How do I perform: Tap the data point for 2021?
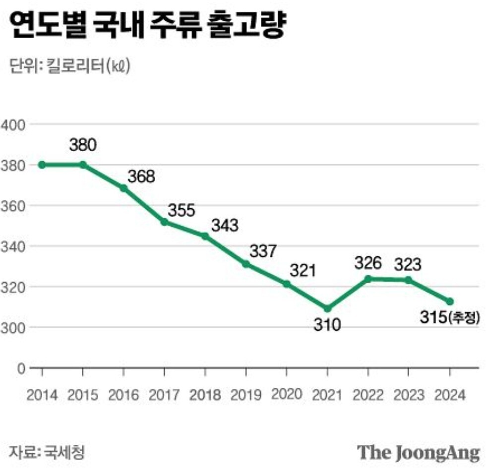(x=327, y=308)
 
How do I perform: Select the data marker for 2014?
(x=42, y=165)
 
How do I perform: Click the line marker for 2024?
(x=450, y=301)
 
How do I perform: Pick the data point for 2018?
(x=205, y=237)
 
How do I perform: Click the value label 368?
(x=141, y=177)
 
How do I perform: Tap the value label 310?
(x=327, y=325)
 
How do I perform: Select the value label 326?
(x=368, y=263)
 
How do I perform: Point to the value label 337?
(x=262, y=251)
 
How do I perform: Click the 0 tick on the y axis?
(x=21, y=368)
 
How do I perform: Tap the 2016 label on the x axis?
(x=124, y=395)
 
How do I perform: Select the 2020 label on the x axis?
(x=287, y=395)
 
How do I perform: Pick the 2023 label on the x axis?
(x=409, y=395)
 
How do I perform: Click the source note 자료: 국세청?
(x=47, y=452)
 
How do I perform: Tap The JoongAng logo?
(x=419, y=453)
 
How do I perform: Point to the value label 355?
(x=182, y=210)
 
